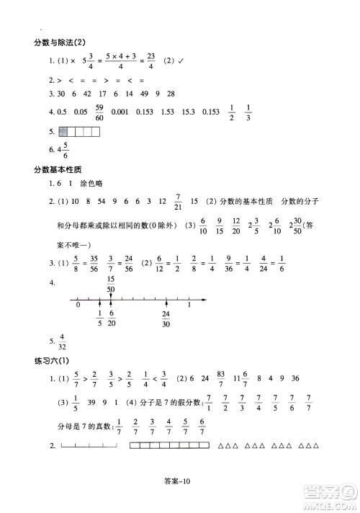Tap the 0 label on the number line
78,305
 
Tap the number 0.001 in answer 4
133,112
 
